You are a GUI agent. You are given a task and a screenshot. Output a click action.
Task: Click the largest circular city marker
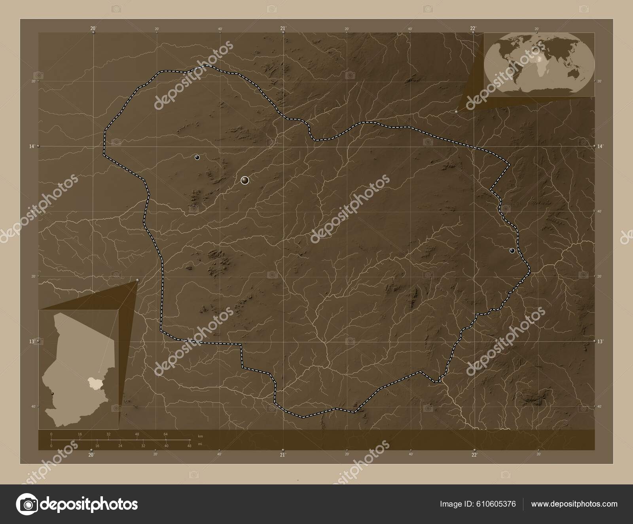(x=245, y=180)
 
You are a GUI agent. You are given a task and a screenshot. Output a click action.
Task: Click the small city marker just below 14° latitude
(x=197, y=158)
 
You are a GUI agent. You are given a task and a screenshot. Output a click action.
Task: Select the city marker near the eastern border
(x=512, y=251)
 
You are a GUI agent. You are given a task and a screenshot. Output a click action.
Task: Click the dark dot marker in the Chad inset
(x=52, y=393)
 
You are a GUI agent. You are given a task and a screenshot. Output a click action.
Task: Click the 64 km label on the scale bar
(x=165, y=434)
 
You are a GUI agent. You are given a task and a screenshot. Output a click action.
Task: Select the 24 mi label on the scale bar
(x=120, y=446)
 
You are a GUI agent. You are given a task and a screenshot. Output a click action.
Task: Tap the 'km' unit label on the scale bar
(x=200, y=436)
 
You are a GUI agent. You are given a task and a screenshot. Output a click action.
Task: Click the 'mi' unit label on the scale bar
(x=200, y=444)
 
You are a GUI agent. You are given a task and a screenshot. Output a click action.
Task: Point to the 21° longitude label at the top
(x=282, y=28)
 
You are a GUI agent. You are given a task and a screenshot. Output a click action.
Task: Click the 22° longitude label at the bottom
(x=474, y=455)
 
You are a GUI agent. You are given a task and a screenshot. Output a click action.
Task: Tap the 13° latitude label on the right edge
(x=600, y=341)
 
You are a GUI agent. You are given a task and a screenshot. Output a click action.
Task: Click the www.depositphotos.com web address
(x=574, y=504)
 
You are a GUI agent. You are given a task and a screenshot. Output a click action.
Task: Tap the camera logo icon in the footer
(x=27, y=504)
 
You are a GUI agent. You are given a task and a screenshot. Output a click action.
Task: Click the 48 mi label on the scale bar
(x=189, y=446)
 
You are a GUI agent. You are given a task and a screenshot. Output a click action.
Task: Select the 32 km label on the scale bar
(x=108, y=434)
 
